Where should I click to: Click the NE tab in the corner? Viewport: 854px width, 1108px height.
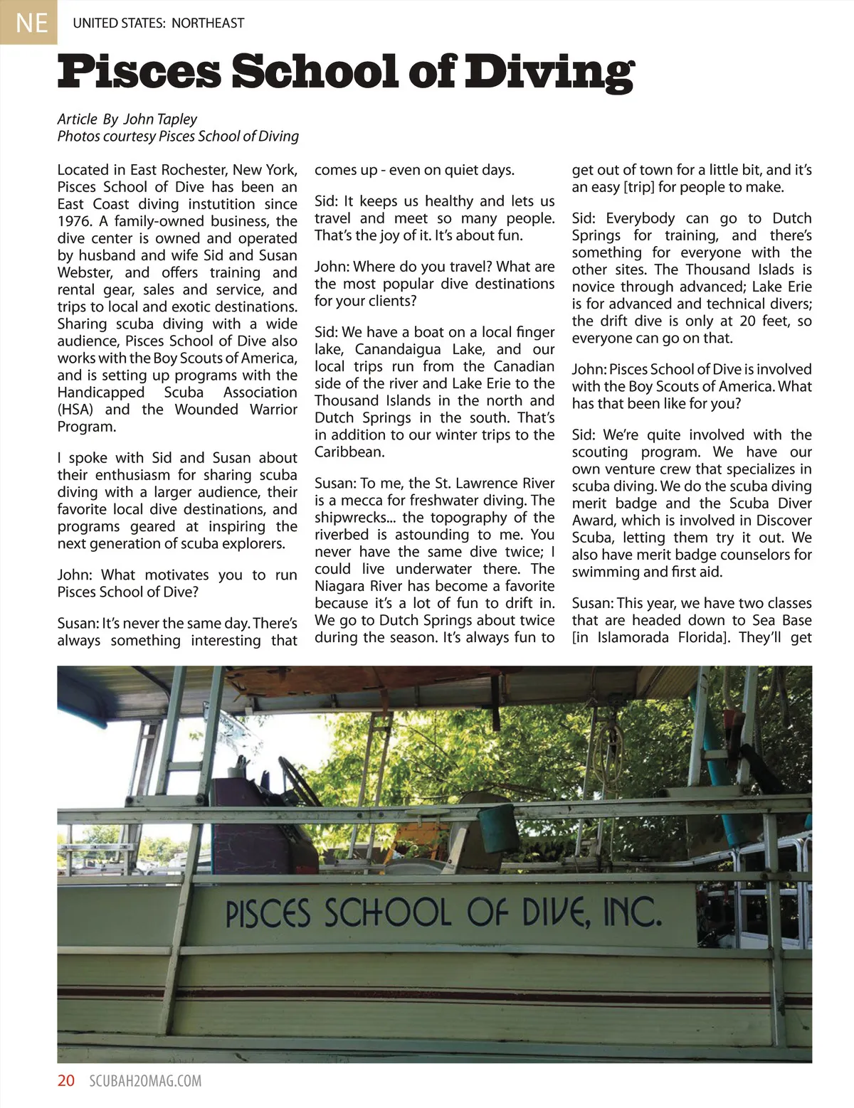pyautogui.click(x=28, y=22)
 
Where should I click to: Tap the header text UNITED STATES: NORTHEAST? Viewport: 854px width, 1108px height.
pyautogui.click(x=158, y=23)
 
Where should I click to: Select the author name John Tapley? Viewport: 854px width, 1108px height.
pyautogui.click(x=160, y=119)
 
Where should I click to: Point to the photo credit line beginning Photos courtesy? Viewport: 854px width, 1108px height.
pyautogui.click(x=178, y=136)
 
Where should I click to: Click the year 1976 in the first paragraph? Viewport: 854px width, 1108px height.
pyautogui.click(x=74, y=221)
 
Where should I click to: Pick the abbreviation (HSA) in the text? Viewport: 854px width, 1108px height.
pyautogui.click(x=77, y=410)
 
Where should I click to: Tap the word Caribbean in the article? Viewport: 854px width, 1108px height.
pyautogui.click(x=349, y=452)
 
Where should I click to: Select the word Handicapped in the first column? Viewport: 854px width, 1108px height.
pyautogui.click(x=100, y=393)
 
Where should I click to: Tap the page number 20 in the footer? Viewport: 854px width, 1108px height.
pyautogui.click(x=66, y=1081)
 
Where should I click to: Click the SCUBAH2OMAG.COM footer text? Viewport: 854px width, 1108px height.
pyautogui.click(x=145, y=1081)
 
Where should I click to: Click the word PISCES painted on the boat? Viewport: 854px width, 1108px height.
pyautogui.click(x=268, y=914)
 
